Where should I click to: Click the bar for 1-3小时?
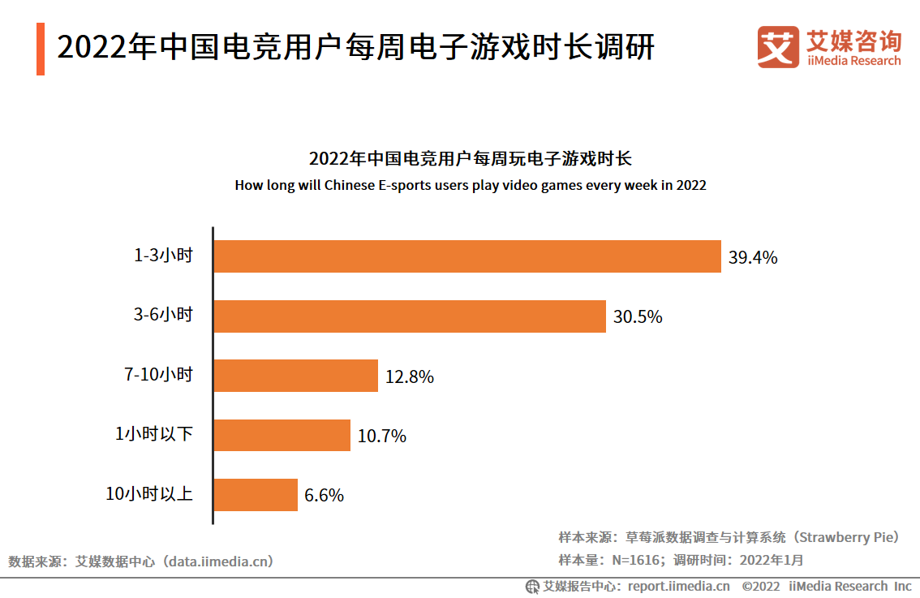coord(466,256)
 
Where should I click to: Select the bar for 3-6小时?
coord(410,316)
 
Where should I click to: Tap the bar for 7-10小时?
coord(295,376)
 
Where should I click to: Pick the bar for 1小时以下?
coord(282,436)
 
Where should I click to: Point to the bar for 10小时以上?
coord(256,495)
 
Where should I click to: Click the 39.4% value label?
coord(753,258)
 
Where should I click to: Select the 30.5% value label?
coord(638,317)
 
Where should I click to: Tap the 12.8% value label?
coord(410,377)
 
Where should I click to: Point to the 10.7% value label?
coord(381,437)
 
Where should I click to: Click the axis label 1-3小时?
coord(163,256)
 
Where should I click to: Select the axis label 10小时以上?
coord(149,493)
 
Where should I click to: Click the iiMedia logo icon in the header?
coord(777,47)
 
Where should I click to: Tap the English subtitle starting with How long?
coord(471,185)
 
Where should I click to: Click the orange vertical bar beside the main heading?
coord(41,49)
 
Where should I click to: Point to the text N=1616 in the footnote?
coord(638,560)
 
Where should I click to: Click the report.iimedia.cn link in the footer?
coord(679,586)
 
